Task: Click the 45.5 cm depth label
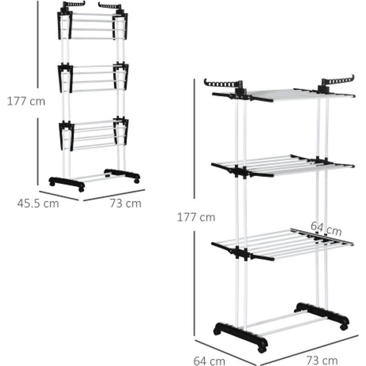pos(38,203)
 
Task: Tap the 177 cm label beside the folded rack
pos(26,101)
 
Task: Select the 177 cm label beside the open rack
pos(196,217)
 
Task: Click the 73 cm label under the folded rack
pos(125,203)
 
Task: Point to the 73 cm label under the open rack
pos(322,360)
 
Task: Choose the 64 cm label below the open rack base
pos(210,361)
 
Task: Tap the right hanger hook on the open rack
pos(338,81)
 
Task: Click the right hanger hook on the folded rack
pos(110,5)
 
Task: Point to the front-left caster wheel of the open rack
pos(261,350)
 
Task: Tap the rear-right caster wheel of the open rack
pos(344,327)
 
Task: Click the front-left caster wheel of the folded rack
pos(81,189)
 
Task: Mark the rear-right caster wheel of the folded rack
pos(137,181)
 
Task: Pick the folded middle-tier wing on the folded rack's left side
pos(65,79)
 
